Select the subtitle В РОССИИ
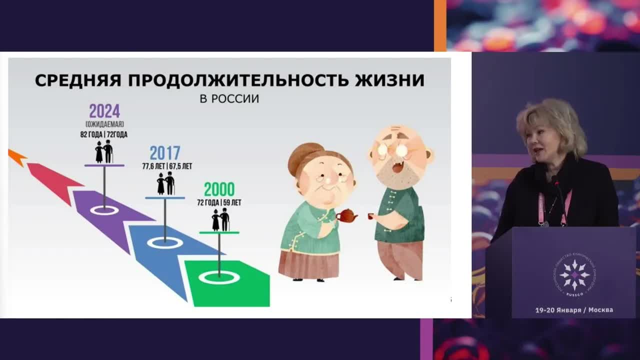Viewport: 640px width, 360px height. [x=229, y=98]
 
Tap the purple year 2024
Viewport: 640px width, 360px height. [x=104, y=111]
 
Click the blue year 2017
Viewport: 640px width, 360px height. [x=165, y=153]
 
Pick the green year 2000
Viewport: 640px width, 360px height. [x=219, y=190]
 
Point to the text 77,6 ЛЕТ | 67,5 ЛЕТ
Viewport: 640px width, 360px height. [x=167, y=166]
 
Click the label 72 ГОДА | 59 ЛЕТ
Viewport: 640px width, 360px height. [x=219, y=202]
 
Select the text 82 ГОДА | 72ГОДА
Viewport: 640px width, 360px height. [x=104, y=134]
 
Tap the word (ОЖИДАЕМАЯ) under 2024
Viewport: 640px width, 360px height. [x=104, y=124]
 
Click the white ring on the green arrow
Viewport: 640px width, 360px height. [x=219, y=277]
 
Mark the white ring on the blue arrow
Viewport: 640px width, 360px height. [x=165, y=242]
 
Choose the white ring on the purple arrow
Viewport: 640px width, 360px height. [x=104, y=210]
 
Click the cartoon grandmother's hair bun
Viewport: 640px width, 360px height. [x=303, y=153]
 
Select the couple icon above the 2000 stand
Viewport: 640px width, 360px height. [x=220, y=220]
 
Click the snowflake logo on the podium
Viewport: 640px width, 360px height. [x=574, y=275]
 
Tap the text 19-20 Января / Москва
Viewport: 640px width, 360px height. [x=574, y=310]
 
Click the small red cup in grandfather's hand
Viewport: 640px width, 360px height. [x=371, y=216]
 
